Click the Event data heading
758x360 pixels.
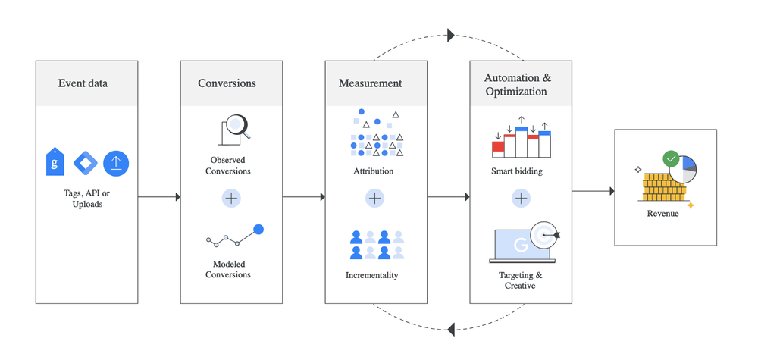tap(83, 83)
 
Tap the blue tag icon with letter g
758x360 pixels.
tap(55, 162)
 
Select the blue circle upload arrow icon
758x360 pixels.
tap(116, 164)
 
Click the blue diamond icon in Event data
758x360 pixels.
tap(86, 164)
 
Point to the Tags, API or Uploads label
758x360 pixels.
tap(87, 198)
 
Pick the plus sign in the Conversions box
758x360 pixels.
tap(231, 198)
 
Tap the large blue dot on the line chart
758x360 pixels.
tap(258, 230)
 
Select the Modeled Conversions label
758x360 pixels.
tap(228, 269)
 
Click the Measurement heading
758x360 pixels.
tap(371, 83)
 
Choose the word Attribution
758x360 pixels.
tap(373, 171)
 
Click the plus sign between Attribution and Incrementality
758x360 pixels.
tap(375, 198)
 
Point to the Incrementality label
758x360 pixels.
tap(371, 275)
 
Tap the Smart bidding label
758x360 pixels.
tap(517, 171)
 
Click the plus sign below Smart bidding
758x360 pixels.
tap(521, 198)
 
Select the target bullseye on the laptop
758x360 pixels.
tap(543, 235)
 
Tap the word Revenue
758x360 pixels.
tap(662, 213)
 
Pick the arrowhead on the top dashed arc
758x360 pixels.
tap(451, 35)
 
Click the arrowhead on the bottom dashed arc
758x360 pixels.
tap(451, 330)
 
